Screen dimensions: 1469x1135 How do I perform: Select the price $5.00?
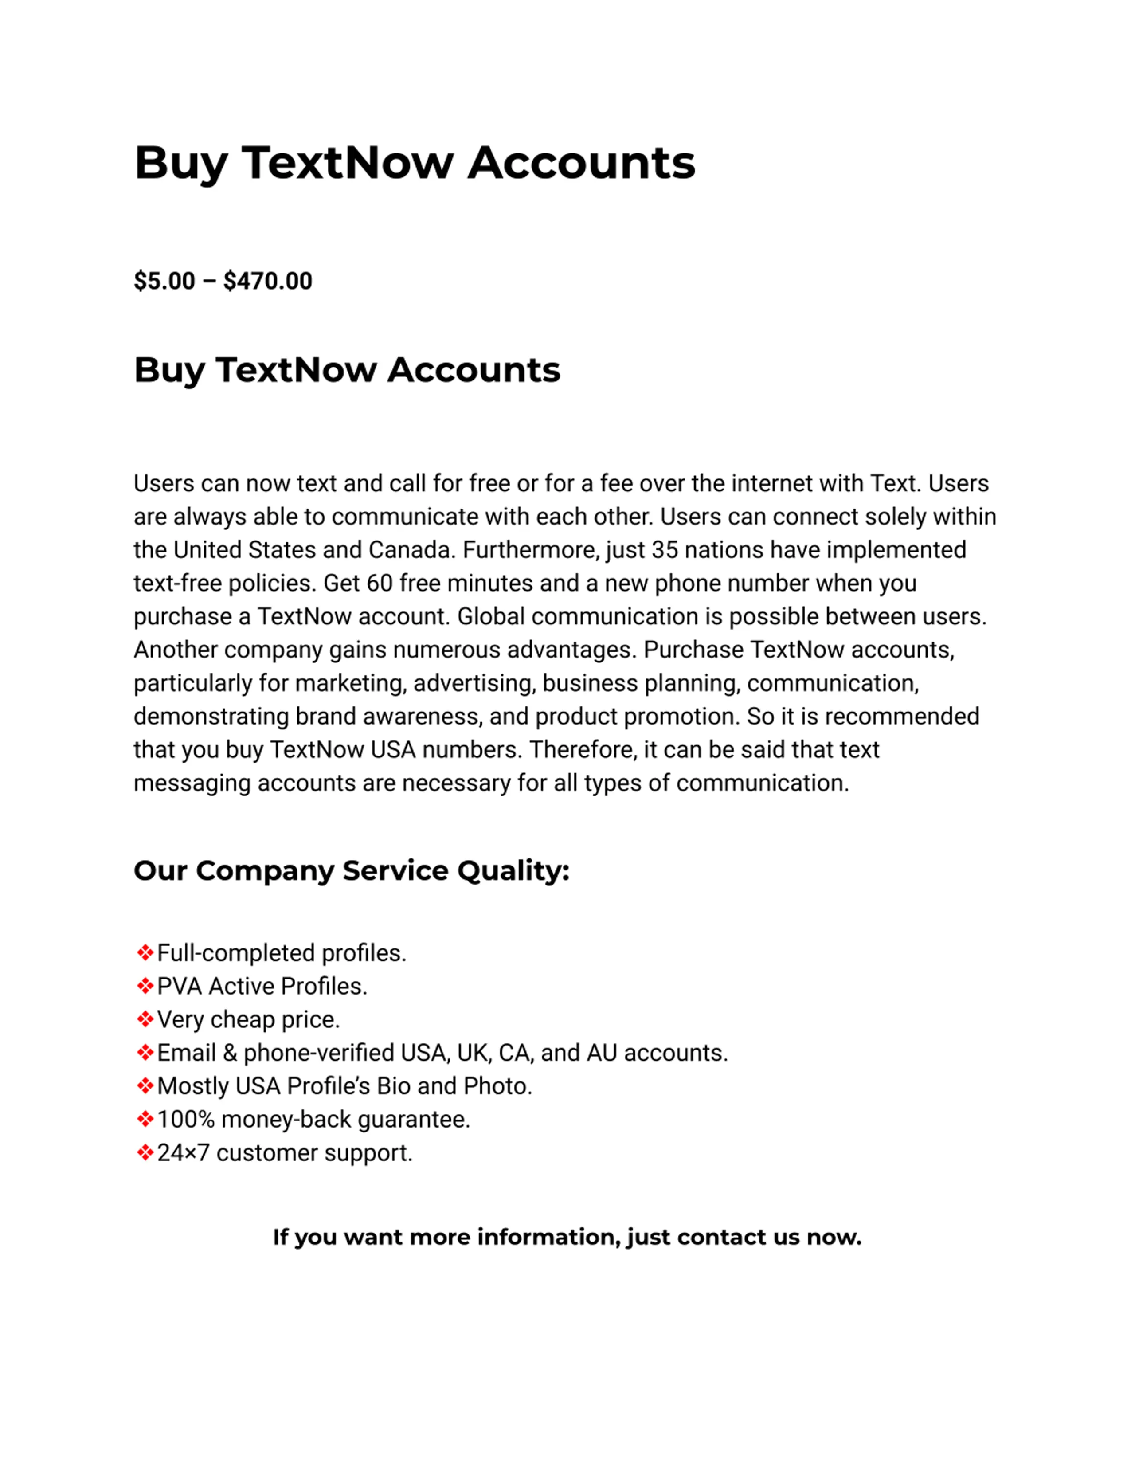click(x=164, y=281)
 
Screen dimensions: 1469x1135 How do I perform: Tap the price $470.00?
click(x=268, y=281)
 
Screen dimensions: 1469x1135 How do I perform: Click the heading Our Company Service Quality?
click(x=351, y=870)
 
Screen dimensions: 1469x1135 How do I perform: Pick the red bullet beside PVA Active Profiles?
click(x=145, y=986)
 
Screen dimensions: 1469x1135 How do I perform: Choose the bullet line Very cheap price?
click(x=248, y=1020)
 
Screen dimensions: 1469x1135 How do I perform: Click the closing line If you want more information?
click(x=567, y=1237)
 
